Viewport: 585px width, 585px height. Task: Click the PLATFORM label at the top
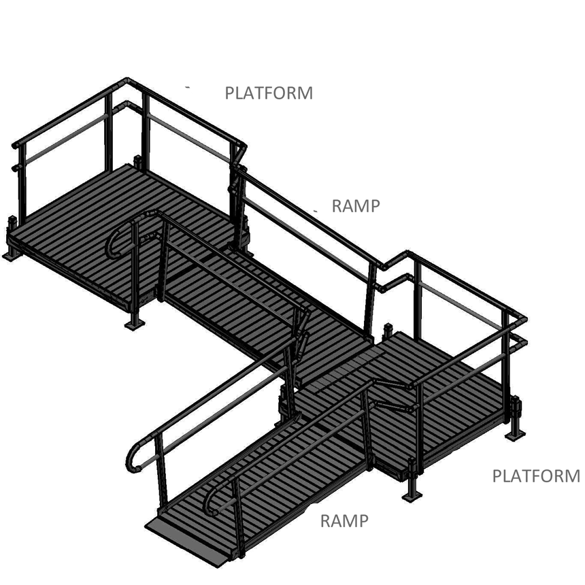tap(269, 93)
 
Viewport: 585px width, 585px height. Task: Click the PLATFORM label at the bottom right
tap(536, 476)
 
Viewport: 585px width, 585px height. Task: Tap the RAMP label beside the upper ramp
tap(355, 206)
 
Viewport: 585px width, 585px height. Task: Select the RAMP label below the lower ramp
tap(344, 521)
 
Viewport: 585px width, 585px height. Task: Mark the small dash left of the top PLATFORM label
tap(188, 88)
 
